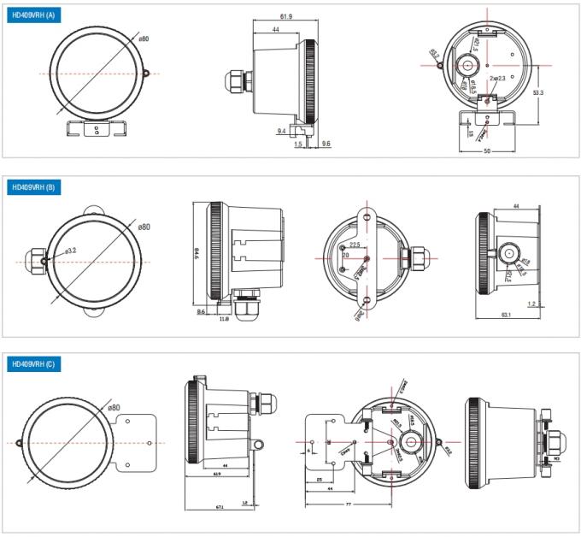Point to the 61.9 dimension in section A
tap(286, 16)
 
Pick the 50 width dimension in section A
tap(486, 150)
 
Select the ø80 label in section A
tap(144, 38)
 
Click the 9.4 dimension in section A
tap(281, 131)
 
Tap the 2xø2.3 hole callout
tap(499, 79)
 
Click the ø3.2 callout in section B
tap(71, 251)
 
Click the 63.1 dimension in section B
tap(506, 316)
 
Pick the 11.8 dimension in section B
tap(224, 319)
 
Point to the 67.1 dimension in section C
tap(220, 507)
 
